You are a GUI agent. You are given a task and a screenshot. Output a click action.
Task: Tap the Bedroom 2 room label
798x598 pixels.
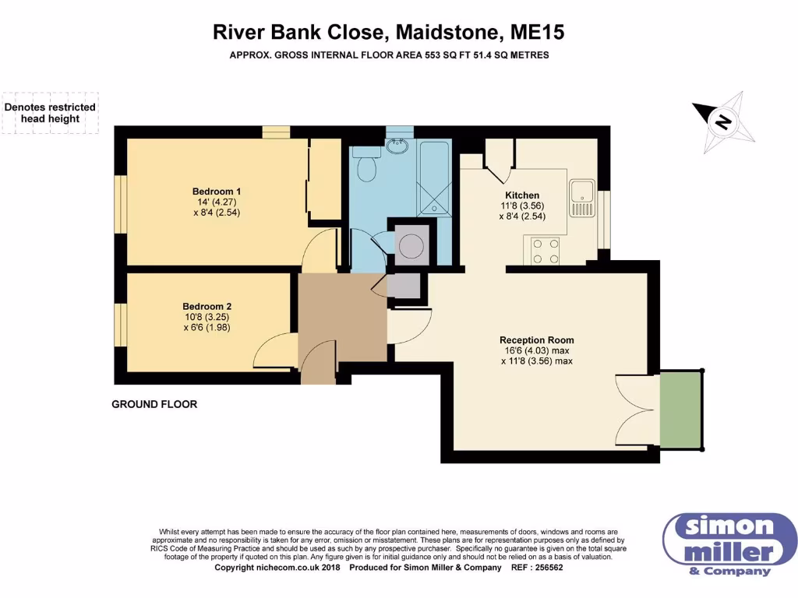click(207, 306)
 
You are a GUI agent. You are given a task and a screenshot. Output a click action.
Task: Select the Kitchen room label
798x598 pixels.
click(522, 195)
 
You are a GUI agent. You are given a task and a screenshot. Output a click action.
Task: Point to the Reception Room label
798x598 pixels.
click(536, 339)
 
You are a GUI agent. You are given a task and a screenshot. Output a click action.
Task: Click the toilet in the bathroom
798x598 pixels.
click(365, 167)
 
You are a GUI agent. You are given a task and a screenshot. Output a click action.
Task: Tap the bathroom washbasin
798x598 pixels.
click(401, 145)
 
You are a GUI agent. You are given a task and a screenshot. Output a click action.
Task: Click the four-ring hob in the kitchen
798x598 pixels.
click(545, 250)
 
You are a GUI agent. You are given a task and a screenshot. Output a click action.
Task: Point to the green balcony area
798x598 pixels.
click(680, 410)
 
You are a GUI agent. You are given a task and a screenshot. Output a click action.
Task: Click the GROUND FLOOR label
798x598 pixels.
click(154, 404)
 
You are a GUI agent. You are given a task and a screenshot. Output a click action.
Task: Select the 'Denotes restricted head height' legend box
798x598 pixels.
click(50, 113)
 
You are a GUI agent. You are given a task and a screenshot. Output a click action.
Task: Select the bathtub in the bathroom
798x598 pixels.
click(433, 178)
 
